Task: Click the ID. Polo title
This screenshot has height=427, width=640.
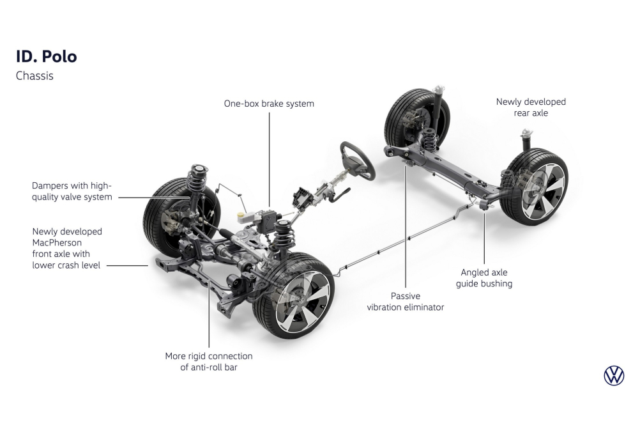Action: coord(46,56)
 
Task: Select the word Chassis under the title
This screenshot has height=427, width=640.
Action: coord(34,76)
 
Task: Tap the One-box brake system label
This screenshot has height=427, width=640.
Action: coord(268,104)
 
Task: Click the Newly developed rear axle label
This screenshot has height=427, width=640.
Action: coord(531,107)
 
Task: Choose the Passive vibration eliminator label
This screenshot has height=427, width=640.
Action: coord(405,302)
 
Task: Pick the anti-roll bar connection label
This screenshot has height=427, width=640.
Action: coord(209,361)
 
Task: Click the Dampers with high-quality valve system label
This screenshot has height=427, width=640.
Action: coord(72,191)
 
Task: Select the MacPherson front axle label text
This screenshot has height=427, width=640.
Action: coord(66,248)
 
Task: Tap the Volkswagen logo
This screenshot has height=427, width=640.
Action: coord(613,376)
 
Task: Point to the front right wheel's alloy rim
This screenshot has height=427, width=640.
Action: coord(301,300)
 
